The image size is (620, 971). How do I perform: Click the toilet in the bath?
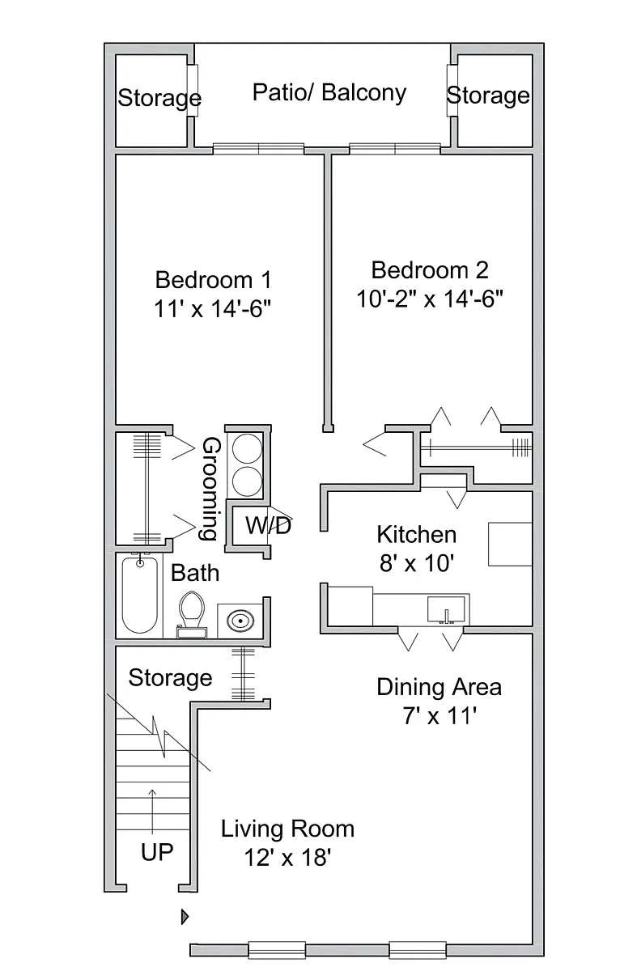pyautogui.click(x=192, y=614)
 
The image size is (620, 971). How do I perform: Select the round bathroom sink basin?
pyautogui.click(x=240, y=621)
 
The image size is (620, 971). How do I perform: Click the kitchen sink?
pyautogui.click(x=446, y=609)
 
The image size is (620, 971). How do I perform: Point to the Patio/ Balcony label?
pyautogui.click(x=329, y=93)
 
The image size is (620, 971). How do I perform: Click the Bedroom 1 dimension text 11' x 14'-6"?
pyautogui.click(x=212, y=309)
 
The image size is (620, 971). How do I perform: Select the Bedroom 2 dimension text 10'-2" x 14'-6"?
pyautogui.click(x=430, y=299)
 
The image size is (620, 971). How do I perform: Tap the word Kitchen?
pyautogui.click(x=416, y=535)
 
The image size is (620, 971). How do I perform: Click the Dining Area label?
pyautogui.click(x=439, y=687)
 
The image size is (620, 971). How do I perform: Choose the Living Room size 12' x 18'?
pyautogui.click(x=288, y=858)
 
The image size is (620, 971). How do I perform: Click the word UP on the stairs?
pyautogui.click(x=157, y=852)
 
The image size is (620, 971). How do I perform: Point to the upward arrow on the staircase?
pyautogui.click(x=152, y=811)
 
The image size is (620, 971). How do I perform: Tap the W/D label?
pyautogui.click(x=269, y=526)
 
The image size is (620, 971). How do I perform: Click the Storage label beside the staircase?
pyautogui.click(x=170, y=678)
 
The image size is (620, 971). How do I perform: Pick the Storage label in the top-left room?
pyautogui.click(x=159, y=98)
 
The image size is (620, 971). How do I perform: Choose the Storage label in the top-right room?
pyautogui.click(x=488, y=95)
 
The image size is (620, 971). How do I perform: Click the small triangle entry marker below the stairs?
pyautogui.click(x=185, y=917)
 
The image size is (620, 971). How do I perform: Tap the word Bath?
pyautogui.click(x=195, y=573)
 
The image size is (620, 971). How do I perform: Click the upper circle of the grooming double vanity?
pyautogui.click(x=247, y=448)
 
